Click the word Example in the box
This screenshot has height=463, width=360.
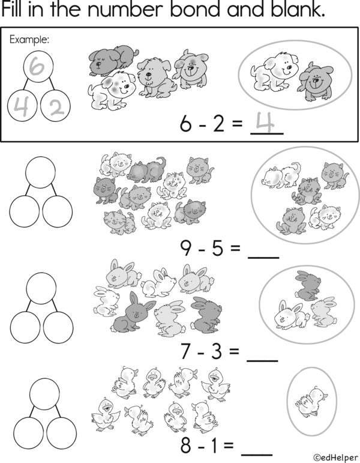tap(29, 39)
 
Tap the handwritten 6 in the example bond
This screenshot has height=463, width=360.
tap(38, 66)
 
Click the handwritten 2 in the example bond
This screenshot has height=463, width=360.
tap(56, 107)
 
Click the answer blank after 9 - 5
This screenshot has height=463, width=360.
tap(263, 258)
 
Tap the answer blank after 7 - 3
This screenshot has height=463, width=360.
tap(262, 360)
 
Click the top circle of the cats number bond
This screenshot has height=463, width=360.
tap(40, 172)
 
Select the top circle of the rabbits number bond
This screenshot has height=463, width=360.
tap(41, 288)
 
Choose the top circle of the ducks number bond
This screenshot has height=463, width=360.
tap(44, 394)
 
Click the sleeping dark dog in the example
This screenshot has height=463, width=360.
tap(113, 59)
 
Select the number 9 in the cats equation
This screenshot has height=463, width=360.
tap(186, 249)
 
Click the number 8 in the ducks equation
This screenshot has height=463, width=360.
tap(185, 446)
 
